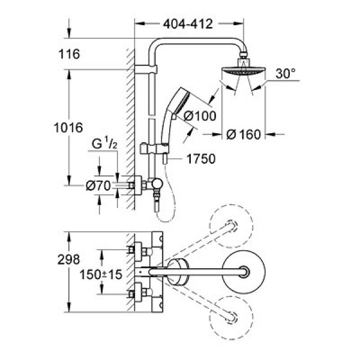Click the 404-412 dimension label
[188, 24]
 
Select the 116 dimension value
[69, 54]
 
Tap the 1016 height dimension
[68, 128]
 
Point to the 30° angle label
[286, 73]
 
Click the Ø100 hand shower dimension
[200, 116]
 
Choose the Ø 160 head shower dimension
[244, 134]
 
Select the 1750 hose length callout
[201, 159]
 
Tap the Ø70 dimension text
[98, 185]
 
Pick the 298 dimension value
[68, 259]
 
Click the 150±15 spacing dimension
[101, 275]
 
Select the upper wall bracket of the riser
[146, 70]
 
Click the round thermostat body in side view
[157, 185]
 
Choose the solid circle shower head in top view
[244, 272]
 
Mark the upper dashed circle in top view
[232, 226]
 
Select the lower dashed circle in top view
[232, 318]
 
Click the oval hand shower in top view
[178, 272]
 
